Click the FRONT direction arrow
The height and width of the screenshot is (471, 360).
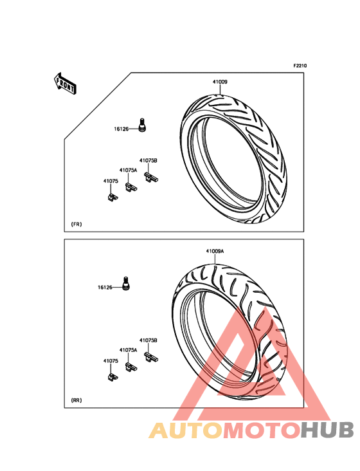pos(65,84)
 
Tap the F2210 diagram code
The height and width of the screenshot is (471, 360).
pos(300,66)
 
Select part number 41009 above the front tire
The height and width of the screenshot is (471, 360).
pos(220,82)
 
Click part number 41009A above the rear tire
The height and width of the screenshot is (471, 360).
pos(215,251)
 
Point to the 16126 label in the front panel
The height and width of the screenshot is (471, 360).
pos(121,129)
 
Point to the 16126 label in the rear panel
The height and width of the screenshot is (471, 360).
pos(105,288)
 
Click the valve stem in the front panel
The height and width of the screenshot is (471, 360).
pos(143,125)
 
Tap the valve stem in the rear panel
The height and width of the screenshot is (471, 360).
pos(126,283)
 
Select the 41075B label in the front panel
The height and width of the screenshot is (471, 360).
pos(148,161)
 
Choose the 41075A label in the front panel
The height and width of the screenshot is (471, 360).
pos(128,171)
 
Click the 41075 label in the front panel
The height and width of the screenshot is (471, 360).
pos(111,181)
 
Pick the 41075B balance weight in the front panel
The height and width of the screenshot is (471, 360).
pos(151,177)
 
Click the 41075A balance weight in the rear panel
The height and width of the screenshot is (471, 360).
pos(130,367)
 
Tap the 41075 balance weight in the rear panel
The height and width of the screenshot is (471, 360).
pos(113,377)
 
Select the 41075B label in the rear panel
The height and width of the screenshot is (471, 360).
pos(148,340)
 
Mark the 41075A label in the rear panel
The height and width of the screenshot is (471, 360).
pos(128,350)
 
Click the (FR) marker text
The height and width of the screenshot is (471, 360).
pos(76,225)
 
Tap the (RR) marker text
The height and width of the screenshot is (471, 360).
pos(76,400)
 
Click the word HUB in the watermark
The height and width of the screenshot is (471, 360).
pos(328,430)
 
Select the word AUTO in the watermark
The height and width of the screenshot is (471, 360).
pos(186,430)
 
